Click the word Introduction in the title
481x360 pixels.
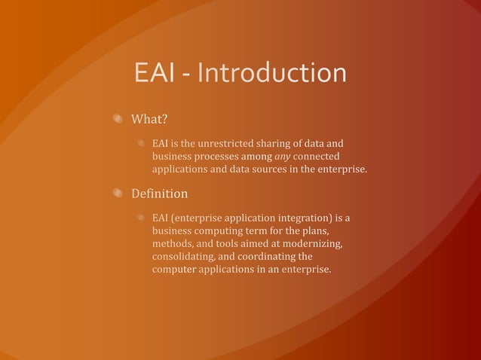click(x=276, y=74)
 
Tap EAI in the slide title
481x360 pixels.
click(x=156, y=74)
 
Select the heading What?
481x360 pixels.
click(x=149, y=119)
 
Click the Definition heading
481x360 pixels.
click(x=159, y=194)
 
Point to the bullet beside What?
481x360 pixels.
click(x=118, y=118)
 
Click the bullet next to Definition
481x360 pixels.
click(x=118, y=194)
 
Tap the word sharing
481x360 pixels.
click(x=259, y=143)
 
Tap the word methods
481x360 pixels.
click(x=173, y=244)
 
